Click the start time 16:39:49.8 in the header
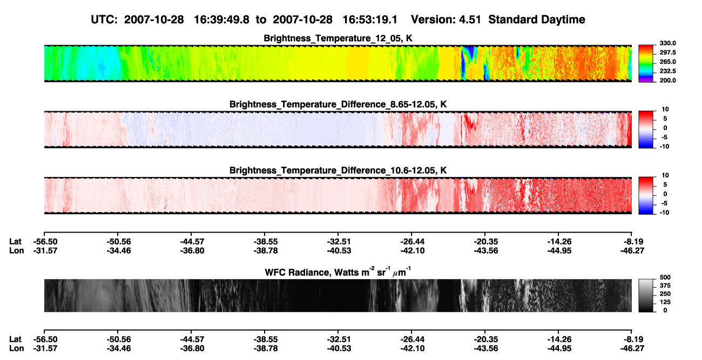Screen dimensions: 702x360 221,20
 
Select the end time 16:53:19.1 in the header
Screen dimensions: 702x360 370,20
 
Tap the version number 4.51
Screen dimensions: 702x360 470,20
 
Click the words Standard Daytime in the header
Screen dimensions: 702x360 537,20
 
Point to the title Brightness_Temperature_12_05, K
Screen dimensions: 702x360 338,38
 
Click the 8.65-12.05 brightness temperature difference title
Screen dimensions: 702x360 338,104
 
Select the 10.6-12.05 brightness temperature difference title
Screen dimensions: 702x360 338,171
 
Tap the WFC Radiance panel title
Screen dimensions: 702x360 338,272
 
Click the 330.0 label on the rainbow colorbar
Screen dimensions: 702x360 667,43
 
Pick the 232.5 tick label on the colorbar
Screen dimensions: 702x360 667,71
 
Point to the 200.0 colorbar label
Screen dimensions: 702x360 667,80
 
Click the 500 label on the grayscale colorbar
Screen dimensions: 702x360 665,277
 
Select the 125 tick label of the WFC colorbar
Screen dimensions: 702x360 665,302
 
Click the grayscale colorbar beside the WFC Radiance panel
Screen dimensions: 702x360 646,295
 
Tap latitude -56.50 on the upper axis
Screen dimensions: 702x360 45,242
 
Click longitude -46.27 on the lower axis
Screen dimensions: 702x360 632,349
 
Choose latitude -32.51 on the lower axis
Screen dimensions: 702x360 339,339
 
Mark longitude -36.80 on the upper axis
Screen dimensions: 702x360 192,250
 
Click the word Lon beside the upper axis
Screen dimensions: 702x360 16,250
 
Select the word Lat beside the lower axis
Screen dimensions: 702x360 15,339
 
